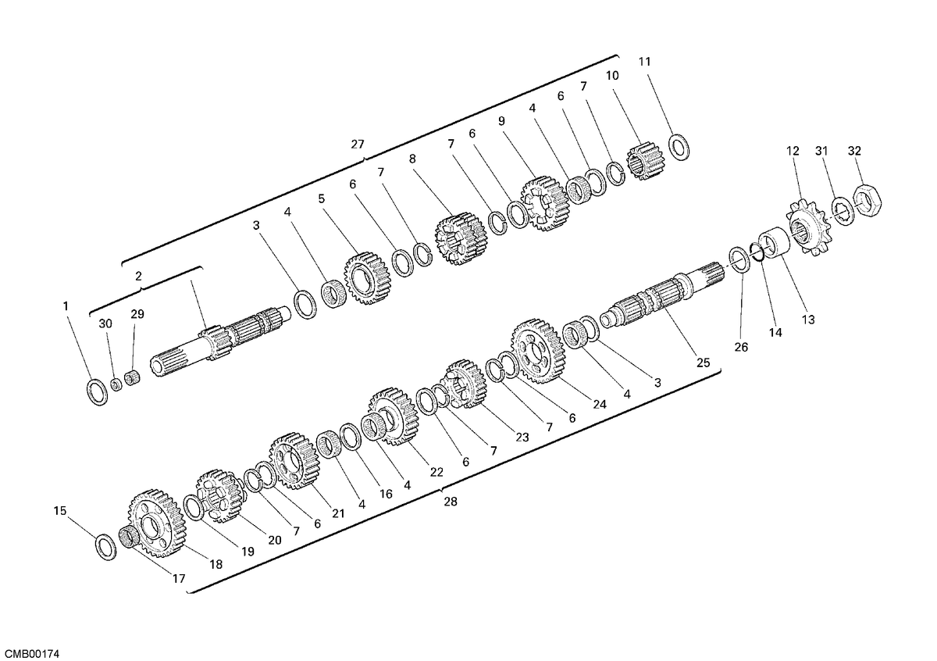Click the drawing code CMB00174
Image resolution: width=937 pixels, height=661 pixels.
(x=30, y=653)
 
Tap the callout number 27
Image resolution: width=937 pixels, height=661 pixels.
(x=358, y=145)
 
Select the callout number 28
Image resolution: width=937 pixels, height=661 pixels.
(x=451, y=502)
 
